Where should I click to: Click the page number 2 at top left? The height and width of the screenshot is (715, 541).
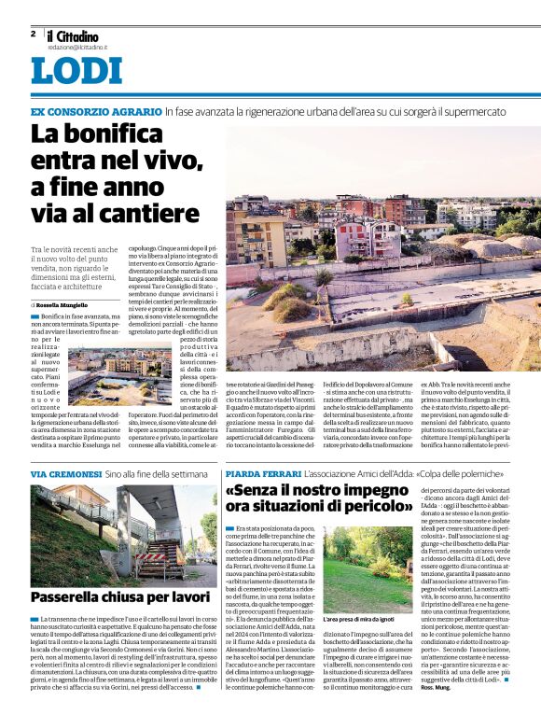click(x=34, y=34)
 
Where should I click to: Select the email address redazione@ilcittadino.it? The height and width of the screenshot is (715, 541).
click(x=77, y=46)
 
